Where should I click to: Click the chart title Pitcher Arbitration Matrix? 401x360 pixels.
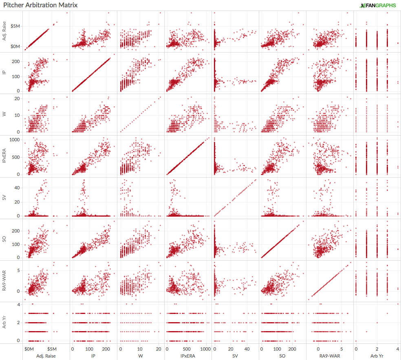click(40, 5)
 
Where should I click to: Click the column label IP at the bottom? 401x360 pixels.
click(93, 356)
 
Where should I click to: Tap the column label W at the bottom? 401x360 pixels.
click(141, 356)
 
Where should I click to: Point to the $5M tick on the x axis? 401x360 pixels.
click(52, 349)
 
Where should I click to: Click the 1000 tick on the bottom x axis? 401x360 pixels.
click(205, 349)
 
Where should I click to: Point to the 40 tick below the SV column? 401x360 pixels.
click(247, 349)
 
